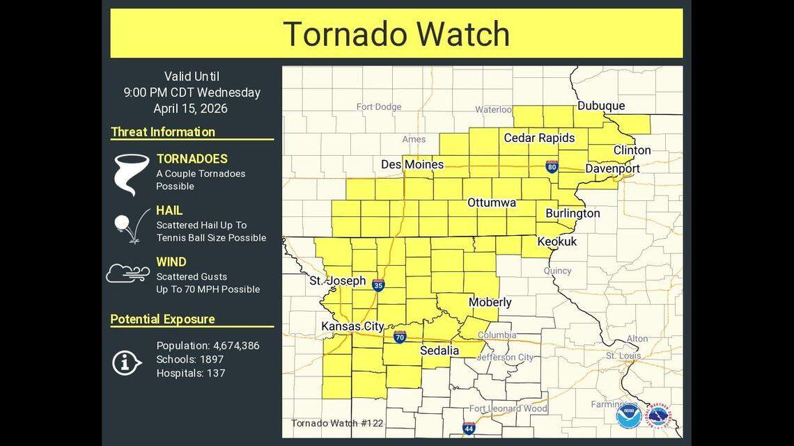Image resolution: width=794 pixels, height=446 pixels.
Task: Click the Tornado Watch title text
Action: pyautogui.click(x=396, y=33)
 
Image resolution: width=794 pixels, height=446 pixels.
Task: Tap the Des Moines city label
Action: pyautogui.click(x=412, y=165)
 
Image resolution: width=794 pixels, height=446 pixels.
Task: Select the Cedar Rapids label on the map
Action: pyautogui.click(x=539, y=138)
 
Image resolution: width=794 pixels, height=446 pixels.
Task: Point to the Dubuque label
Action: pyautogui.click(x=600, y=106)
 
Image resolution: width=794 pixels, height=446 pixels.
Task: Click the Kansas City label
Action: pyautogui.click(x=352, y=326)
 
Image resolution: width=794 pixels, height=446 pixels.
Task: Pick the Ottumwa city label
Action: pyautogui.click(x=491, y=202)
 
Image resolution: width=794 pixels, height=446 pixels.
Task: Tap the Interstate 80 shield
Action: pyautogui.click(x=552, y=166)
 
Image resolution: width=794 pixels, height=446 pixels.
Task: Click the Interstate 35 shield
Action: pyautogui.click(x=378, y=285)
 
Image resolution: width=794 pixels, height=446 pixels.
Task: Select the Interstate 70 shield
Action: pyautogui.click(x=399, y=337)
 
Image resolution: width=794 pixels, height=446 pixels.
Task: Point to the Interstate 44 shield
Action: pyautogui.click(x=469, y=428)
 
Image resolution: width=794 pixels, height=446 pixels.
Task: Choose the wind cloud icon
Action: pyautogui.click(x=127, y=273)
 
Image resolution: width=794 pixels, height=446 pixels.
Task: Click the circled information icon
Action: pyautogui.click(x=126, y=361)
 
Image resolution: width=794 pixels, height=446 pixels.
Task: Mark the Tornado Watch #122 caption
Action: pyautogui.click(x=337, y=423)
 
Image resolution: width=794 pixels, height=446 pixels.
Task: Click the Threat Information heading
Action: pyautogui.click(x=163, y=132)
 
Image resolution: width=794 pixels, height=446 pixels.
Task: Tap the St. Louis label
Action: pyautogui.click(x=623, y=356)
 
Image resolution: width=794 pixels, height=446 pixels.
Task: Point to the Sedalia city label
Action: pyautogui.click(x=439, y=351)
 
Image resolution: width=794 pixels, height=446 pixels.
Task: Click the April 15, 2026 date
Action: pyautogui.click(x=190, y=109)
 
